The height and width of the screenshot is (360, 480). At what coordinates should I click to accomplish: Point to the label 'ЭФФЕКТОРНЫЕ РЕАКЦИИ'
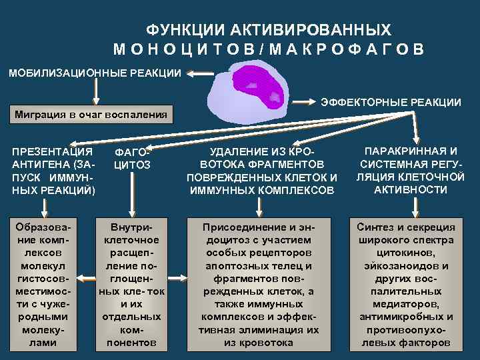[x=391, y=102]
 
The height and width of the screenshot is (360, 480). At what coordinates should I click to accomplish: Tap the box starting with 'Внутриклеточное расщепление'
[x=133, y=284]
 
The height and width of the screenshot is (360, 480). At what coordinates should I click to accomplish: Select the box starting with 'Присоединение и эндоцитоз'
[x=258, y=284]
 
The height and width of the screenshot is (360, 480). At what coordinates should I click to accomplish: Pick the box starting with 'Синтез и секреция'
[x=406, y=284]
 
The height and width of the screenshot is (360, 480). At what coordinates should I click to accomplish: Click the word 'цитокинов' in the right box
[x=406, y=253]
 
